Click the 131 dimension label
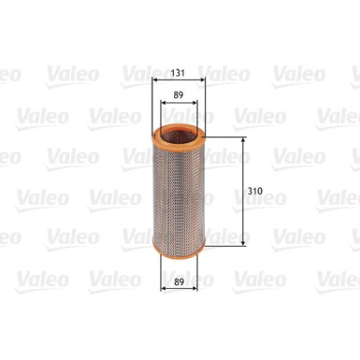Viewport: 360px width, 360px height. click(x=180, y=67)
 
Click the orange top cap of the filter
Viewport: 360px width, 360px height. click(x=180, y=134)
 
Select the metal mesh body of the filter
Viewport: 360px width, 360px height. click(x=180, y=187)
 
